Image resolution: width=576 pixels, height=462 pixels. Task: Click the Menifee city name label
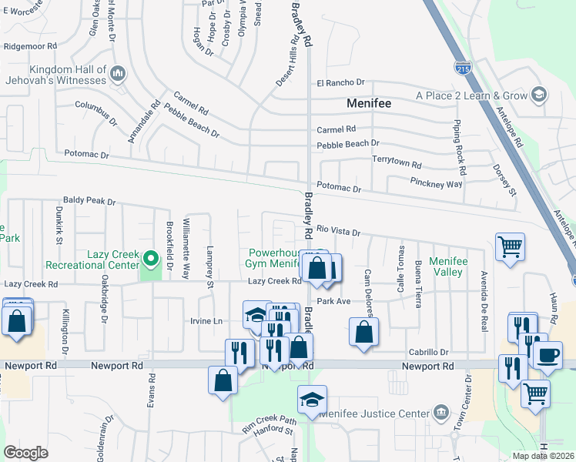tap(369, 102)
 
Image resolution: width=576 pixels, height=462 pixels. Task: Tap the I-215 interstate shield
tap(463, 68)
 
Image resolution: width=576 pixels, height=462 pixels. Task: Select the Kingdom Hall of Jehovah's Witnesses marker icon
tap(118, 74)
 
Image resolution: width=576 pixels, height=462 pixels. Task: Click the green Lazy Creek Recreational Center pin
tap(152, 258)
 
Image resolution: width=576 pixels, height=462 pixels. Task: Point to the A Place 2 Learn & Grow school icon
tap(540, 95)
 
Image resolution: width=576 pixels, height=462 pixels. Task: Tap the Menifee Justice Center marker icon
tap(440, 412)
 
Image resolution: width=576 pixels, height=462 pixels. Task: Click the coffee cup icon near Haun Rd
tap(548, 355)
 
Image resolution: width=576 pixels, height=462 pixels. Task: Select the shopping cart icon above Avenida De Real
tap(509, 247)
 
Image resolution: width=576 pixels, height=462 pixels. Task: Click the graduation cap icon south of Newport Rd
tap(312, 400)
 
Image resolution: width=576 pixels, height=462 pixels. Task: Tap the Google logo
tap(26, 452)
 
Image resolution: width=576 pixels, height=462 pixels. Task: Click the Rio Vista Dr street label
tap(338, 231)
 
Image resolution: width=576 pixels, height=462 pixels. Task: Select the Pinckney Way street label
tap(435, 185)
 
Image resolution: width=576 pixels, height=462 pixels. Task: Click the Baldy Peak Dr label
tap(89, 202)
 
